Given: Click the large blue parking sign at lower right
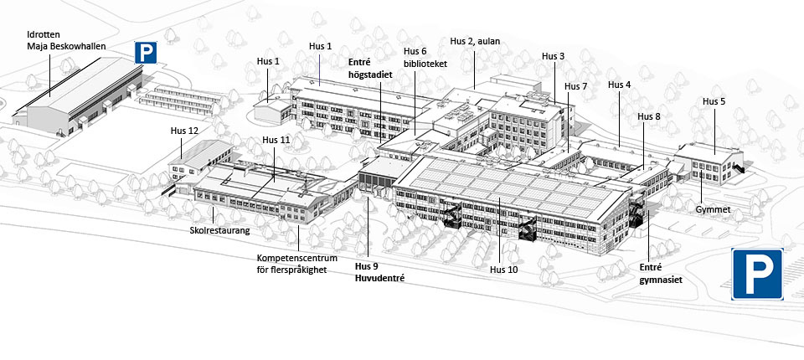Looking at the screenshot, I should [x=757, y=273].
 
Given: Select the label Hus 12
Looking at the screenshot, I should [x=184, y=131].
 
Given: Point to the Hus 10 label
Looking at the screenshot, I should [x=504, y=270].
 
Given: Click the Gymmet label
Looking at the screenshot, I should [x=714, y=208].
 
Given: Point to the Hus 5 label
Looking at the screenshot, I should [x=714, y=101].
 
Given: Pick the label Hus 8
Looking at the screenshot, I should [x=648, y=116].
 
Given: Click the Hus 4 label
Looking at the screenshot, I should [x=619, y=85].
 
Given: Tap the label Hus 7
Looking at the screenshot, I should [x=575, y=86].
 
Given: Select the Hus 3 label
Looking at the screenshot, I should [x=553, y=56].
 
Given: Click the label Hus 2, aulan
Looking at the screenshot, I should [x=475, y=40].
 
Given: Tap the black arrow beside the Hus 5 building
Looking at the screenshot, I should [x=739, y=169].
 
